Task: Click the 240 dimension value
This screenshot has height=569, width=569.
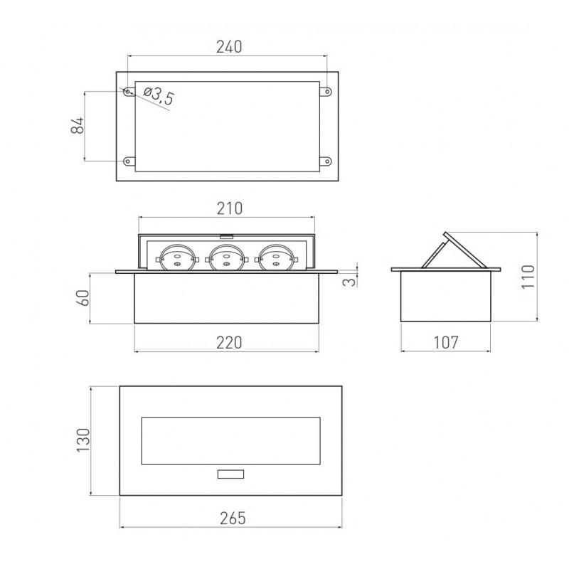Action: tap(229, 47)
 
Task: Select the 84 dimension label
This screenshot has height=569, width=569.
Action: tap(78, 126)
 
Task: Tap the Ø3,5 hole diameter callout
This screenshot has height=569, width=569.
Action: tap(159, 96)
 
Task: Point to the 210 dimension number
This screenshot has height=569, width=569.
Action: tap(229, 208)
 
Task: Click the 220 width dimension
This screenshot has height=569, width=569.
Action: tap(229, 343)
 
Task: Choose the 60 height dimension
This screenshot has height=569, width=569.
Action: tap(83, 297)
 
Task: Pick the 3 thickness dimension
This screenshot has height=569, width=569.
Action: tap(349, 281)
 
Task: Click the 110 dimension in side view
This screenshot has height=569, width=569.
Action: tap(528, 277)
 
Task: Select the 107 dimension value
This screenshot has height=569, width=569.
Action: tap(446, 342)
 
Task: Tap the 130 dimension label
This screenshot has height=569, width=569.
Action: tap(83, 440)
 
